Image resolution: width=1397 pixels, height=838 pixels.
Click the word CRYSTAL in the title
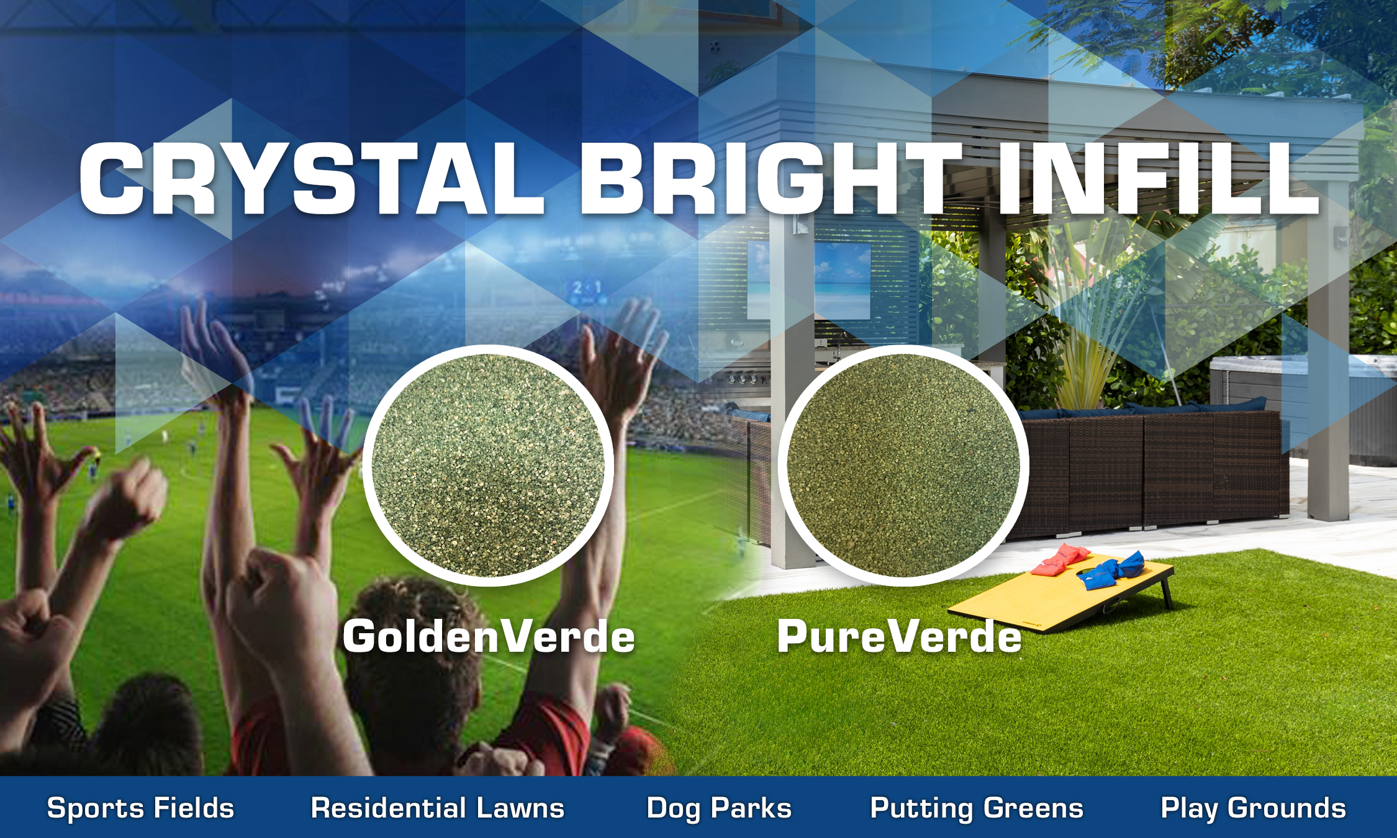(x=312, y=179)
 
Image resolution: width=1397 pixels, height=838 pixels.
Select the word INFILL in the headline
(x=1157, y=179)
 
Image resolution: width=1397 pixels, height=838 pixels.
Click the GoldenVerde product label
(x=489, y=637)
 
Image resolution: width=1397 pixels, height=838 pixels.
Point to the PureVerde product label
(x=899, y=637)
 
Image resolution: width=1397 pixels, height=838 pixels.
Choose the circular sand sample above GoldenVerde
(x=488, y=466)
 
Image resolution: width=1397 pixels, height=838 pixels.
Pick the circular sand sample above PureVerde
(x=903, y=466)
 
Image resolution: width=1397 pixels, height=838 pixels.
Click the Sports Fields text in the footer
(x=140, y=809)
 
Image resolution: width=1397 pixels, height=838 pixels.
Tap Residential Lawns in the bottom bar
(x=438, y=808)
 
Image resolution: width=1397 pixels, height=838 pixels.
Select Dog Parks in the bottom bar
(x=719, y=809)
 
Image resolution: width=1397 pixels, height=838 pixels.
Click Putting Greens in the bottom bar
(x=977, y=809)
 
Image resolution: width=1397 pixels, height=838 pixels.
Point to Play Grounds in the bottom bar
(x=1254, y=809)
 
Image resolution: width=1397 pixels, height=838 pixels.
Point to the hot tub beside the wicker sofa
(x=1304, y=403)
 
